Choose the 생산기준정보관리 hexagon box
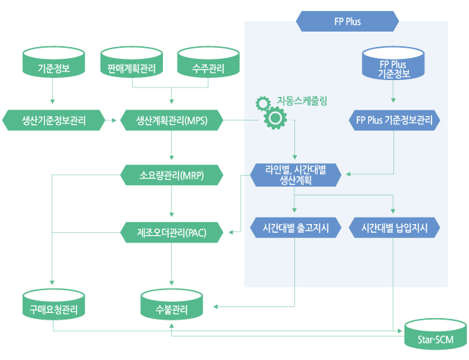click(54, 119)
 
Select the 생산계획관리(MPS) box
click(172, 119)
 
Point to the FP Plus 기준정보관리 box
click(394, 119)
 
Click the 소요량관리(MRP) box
click(172, 176)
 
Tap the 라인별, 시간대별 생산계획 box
click(296, 175)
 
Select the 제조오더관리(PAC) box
click(172, 233)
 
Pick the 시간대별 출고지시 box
click(296, 228)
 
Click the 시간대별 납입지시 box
click(395, 228)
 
